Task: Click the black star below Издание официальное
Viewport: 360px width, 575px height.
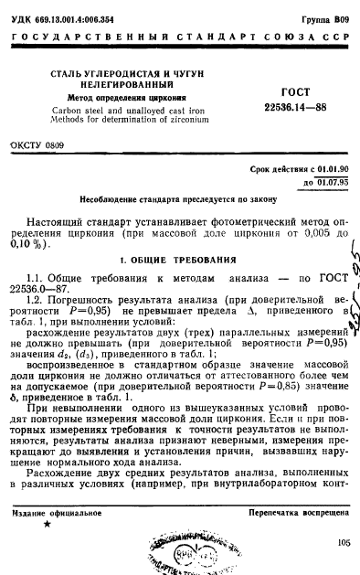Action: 47,525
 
